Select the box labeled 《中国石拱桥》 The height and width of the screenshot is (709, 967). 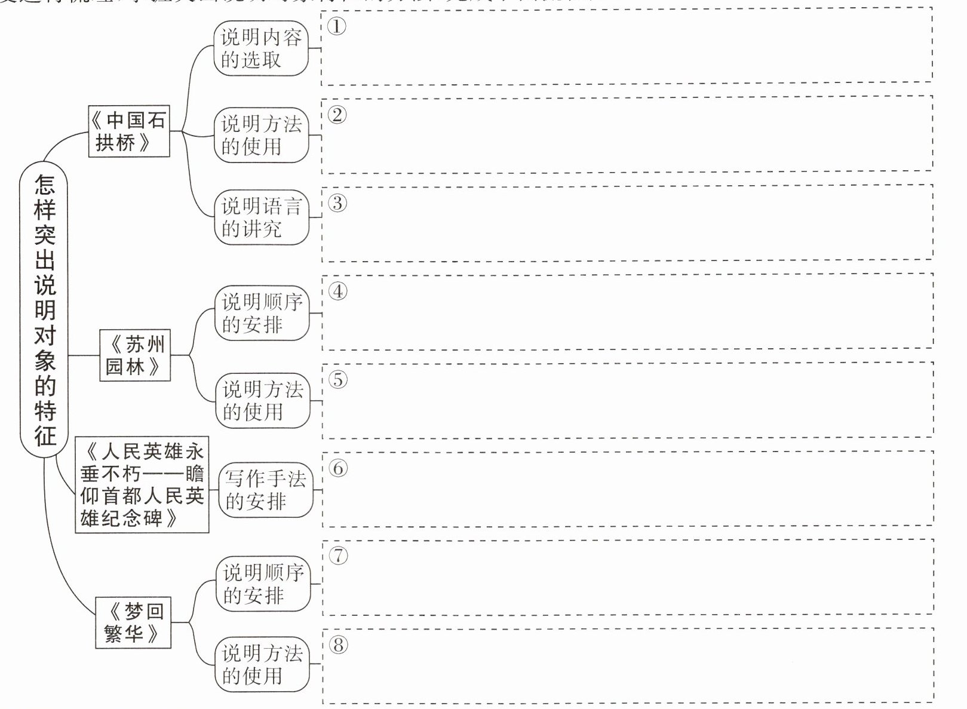[128, 131]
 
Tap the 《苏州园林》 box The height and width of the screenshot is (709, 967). [135, 355]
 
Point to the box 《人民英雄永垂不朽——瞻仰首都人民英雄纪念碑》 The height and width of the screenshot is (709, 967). [142, 484]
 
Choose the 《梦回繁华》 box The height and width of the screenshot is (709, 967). [133, 622]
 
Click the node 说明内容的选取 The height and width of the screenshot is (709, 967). [261, 49]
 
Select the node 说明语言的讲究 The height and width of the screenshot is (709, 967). [262, 217]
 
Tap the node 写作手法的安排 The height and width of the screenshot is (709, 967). [265, 490]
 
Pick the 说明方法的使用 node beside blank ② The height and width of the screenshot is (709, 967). [262, 135]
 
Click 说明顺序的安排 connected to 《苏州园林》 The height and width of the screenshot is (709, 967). [262, 313]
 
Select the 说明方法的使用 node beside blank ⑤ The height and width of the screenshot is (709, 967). [263, 400]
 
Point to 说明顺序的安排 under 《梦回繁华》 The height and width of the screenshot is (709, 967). [263, 584]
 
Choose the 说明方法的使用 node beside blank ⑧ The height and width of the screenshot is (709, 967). [262, 664]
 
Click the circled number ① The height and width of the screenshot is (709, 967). [337, 26]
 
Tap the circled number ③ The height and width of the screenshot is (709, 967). [337, 203]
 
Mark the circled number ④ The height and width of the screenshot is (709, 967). [338, 291]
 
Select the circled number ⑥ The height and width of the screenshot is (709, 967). [338, 468]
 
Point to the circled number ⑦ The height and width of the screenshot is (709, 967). [338, 555]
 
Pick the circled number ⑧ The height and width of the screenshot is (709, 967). [338, 644]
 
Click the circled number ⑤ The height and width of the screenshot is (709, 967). [338, 379]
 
